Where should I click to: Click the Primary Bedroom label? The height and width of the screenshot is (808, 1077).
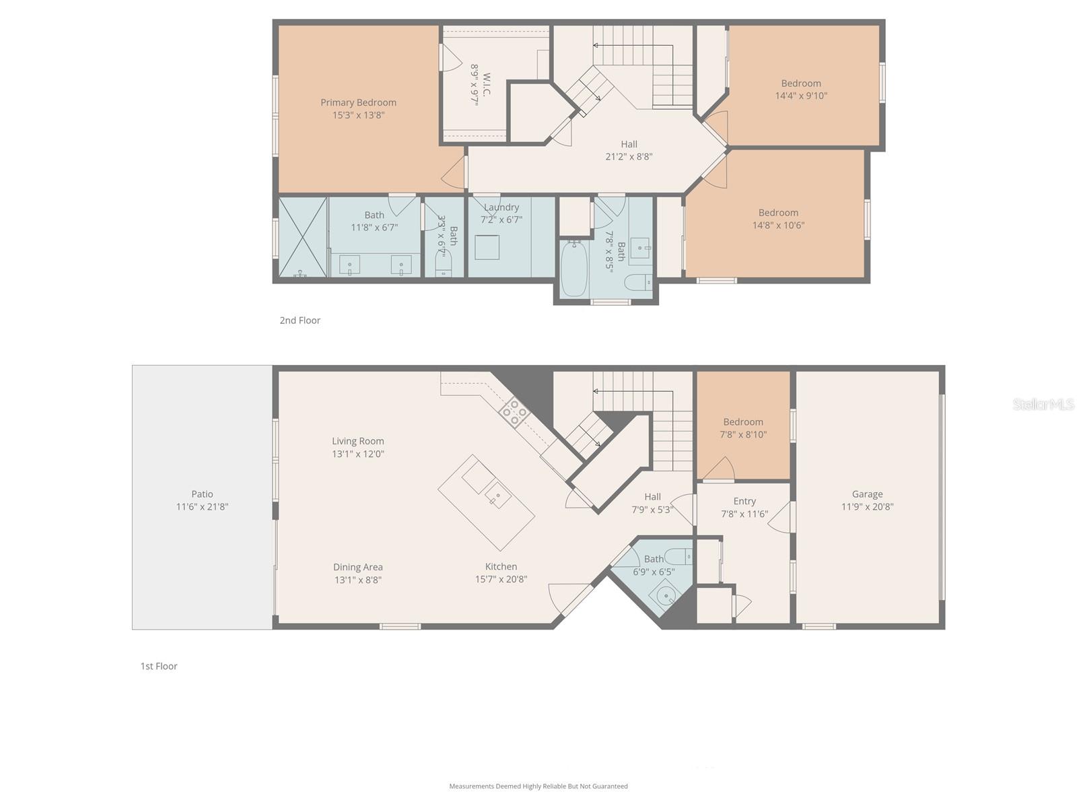point(358,102)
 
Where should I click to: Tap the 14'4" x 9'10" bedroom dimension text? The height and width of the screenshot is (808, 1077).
point(801,96)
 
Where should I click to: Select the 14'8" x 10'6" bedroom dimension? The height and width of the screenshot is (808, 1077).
point(778,226)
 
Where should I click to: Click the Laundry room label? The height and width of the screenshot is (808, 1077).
point(501,207)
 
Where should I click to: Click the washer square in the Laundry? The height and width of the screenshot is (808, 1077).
point(487,247)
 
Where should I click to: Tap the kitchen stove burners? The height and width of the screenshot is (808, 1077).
point(514,412)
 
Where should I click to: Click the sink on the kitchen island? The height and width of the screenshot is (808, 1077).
point(498,498)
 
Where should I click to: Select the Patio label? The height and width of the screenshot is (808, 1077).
point(202,494)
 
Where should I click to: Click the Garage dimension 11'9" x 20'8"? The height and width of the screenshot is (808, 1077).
point(867,507)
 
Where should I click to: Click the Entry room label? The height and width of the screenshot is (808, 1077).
point(744,501)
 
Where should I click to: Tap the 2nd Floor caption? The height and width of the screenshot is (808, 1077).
point(300,321)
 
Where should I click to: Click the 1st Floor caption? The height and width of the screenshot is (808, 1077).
point(159,666)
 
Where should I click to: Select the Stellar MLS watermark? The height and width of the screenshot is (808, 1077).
point(1043,404)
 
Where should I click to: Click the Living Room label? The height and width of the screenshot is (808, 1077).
point(357,441)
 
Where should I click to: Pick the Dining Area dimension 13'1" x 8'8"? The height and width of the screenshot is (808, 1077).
point(357,580)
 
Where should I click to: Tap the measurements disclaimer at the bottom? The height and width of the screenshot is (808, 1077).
point(538,786)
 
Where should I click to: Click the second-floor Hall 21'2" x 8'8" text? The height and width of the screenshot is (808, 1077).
point(629,157)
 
